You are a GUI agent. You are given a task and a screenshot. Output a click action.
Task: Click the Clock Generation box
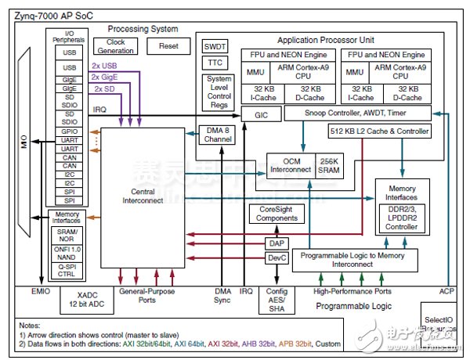point(115,47)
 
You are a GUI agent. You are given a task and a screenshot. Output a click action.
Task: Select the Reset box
point(168,46)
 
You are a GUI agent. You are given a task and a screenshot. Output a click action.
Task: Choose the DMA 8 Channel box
point(215,134)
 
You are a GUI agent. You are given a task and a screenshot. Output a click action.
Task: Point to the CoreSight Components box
point(273,214)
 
